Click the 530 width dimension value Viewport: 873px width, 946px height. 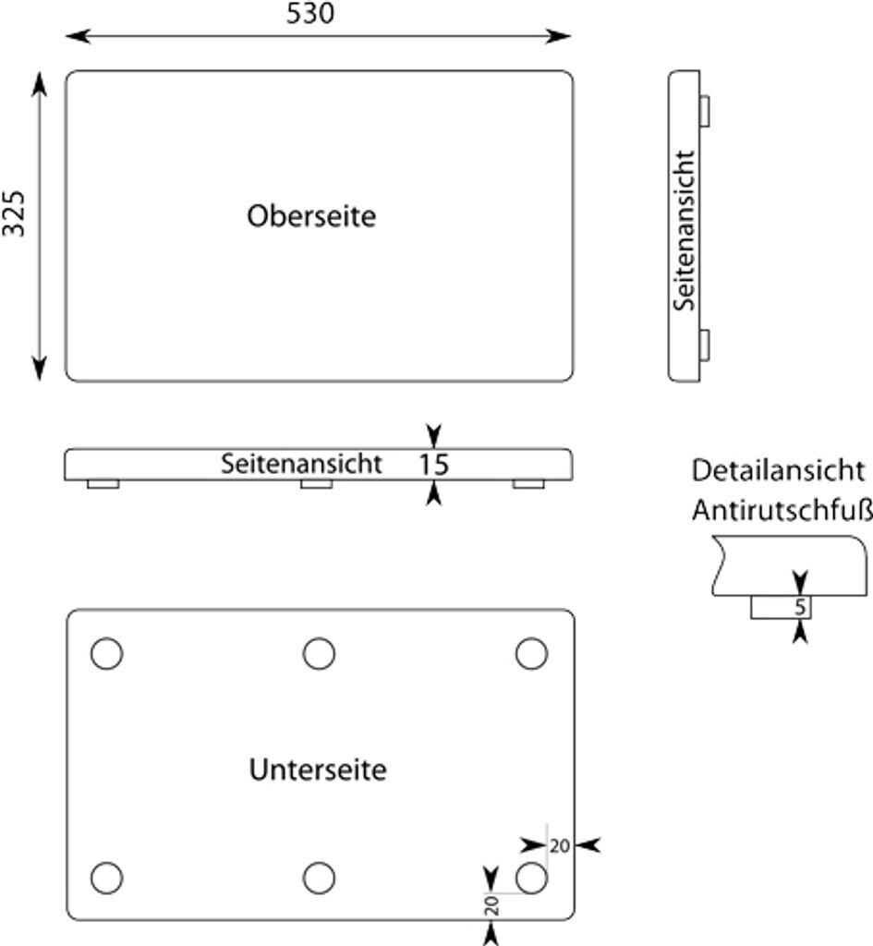coord(309,14)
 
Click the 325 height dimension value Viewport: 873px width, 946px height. coord(14,213)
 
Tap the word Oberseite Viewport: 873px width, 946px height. coord(311,216)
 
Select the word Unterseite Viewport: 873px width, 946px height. coord(317,770)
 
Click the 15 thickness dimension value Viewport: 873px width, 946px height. coord(432,465)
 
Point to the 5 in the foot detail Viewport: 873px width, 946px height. coord(800,608)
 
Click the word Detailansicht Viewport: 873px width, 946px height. coord(778,470)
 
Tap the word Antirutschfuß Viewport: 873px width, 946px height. coord(782,509)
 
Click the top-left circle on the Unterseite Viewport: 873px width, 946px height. coord(106,653)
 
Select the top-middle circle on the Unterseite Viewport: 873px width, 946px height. coord(319,653)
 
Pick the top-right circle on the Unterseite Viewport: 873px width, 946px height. coord(531,653)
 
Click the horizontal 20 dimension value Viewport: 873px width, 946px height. coord(560,845)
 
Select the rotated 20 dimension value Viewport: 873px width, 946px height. coord(491,905)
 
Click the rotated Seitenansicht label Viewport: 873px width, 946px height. coord(685,231)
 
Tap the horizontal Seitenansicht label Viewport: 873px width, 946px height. coord(300,464)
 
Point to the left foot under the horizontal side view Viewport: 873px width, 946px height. coord(103,484)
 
